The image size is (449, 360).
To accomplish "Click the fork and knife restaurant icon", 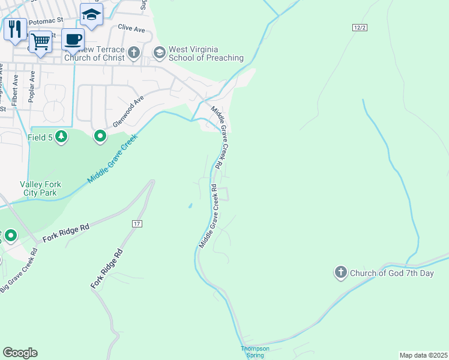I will [x=15, y=28].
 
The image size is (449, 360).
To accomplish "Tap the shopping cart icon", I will [x=40, y=42].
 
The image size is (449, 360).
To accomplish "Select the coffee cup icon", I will [x=73, y=40].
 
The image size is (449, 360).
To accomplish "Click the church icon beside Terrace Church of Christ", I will [x=133, y=53].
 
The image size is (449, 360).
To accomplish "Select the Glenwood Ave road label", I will [x=128, y=111].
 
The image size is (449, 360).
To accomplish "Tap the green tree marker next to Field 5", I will [x=61, y=137].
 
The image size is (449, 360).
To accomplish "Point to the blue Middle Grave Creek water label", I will [x=112, y=158].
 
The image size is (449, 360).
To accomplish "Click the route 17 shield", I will [x=137, y=223].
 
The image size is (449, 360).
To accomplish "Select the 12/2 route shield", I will [x=358, y=28].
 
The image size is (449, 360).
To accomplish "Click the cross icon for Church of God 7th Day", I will [x=340, y=273].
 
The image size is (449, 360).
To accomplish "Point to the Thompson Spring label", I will [x=255, y=352].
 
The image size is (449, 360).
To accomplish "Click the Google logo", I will [x=20, y=353].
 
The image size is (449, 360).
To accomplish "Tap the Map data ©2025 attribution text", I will [x=423, y=355].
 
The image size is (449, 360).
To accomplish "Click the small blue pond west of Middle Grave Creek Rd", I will [x=190, y=206].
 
